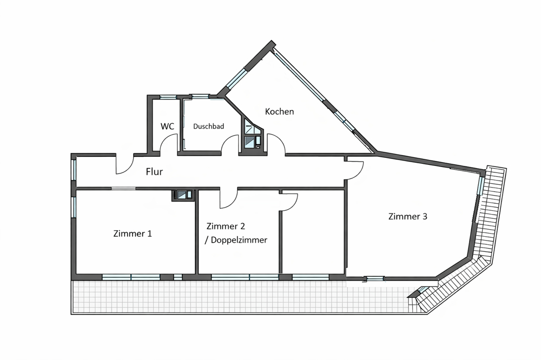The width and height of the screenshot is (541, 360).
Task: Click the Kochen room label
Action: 280,111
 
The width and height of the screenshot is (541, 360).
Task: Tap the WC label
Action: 167,126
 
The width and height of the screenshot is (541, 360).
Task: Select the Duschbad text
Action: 208,126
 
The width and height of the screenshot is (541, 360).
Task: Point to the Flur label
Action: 154,171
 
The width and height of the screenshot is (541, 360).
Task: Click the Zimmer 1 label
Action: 133,234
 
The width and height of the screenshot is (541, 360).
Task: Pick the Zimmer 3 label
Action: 408,216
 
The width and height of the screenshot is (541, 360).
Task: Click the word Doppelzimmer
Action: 239,240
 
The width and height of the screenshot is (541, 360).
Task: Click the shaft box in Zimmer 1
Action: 183,195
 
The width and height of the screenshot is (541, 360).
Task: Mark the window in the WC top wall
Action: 168,97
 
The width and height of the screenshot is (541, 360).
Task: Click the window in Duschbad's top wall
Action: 201,97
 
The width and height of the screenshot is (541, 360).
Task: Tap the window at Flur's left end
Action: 74,170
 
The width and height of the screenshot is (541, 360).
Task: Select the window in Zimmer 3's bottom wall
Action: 375,278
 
